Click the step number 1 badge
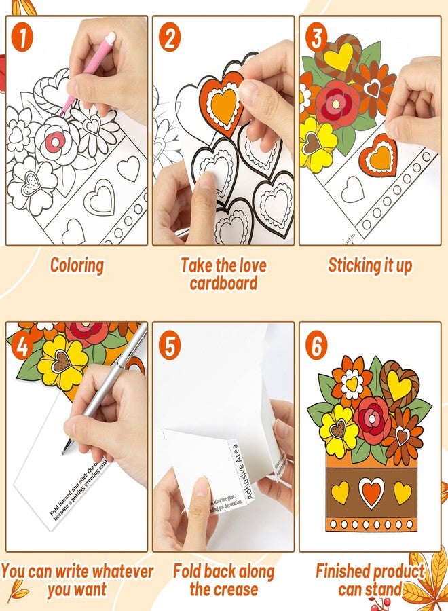point(23,37)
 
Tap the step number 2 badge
point(170,37)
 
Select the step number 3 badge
point(316,37)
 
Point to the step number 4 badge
point(23,346)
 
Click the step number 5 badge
point(170,346)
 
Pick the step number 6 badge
point(316,346)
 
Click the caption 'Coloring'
point(77,265)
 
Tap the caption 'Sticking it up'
point(370,265)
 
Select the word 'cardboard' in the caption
point(223,283)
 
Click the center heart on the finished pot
point(371,492)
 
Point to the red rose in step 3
point(337,102)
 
